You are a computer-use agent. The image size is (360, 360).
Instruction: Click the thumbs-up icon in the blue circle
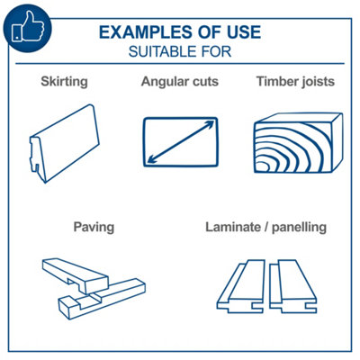pyautogui.click(x=28, y=27)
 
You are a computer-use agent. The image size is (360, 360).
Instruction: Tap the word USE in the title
pyautogui.click(x=244, y=32)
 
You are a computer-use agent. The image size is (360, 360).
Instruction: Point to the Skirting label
pyautogui.click(x=64, y=82)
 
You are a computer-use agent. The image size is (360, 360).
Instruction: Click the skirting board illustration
pyautogui.click(x=64, y=143)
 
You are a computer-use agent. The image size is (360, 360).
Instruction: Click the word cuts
pyautogui.click(x=203, y=82)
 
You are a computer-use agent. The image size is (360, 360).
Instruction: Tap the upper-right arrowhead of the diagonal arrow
pyautogui.click(x=211, y=123)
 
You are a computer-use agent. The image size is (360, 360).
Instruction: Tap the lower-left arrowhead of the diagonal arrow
pyautogui.click(x=151, y=160)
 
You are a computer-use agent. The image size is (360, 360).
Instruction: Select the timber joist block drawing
pyautogui.click(x=298, y=143)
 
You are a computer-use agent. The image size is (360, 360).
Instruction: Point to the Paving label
pyautogui.click(x=94, y=227)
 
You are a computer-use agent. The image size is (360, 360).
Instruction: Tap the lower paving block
pyautogui.click(x=102, y=300)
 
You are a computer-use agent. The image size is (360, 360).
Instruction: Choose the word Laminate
pyautogui.click(x=233, y=227)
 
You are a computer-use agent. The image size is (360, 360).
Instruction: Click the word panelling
pyautogui.click(x=299, y=228)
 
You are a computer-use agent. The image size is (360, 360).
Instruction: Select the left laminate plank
pyautogui.click(x=241, y=286)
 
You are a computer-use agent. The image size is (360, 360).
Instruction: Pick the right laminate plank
pyautogui.click(x=292, y=286)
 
